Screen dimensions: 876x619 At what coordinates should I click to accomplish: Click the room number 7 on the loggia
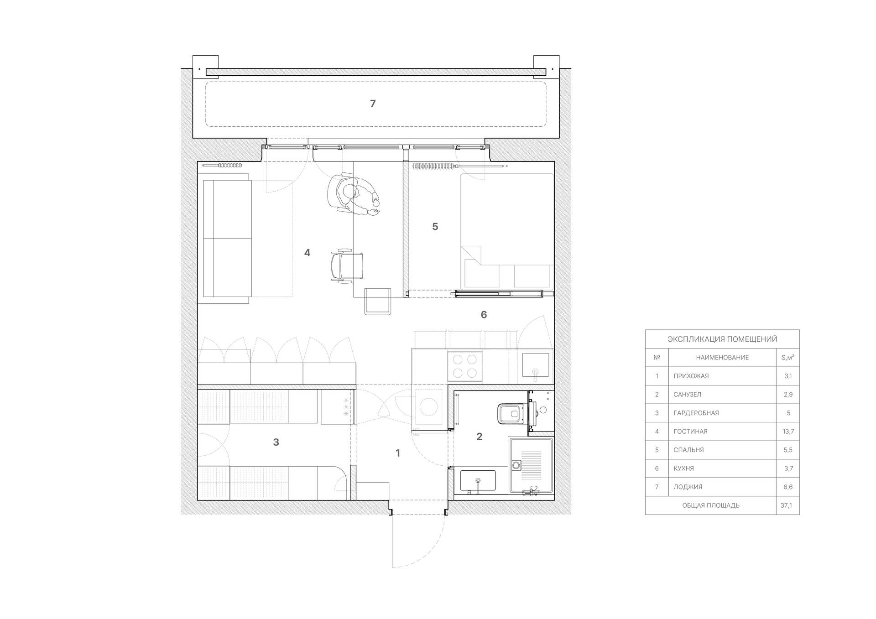pyautogui.click(x=373, y=104)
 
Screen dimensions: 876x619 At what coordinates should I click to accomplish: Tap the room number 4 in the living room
pyautogui.click(x=307, y=252)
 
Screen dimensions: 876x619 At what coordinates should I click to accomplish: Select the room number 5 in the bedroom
pyautogui.click(x=435, y=226)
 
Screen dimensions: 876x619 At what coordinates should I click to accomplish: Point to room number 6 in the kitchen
pyautogui.click(x=484, y=314)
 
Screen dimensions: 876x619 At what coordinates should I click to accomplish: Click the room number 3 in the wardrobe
pyautogui.click(x=276, y=442)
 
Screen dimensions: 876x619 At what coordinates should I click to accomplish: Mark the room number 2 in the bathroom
pyautogui.click(x=479, y=437)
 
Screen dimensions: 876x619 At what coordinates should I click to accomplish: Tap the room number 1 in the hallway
pyautogui.click(x=398, y=453)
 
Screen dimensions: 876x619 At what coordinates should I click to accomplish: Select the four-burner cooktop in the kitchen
pyautogui.click(x=465, y=366)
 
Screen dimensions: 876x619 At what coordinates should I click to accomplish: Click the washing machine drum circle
pyautogui.click(x=428, y=407)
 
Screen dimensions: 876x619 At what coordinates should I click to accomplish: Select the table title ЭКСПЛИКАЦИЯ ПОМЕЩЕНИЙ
pyautogui.click(x=722, y=339)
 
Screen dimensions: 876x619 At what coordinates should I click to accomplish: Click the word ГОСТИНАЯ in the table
pyautogui.click(x=690, y=432)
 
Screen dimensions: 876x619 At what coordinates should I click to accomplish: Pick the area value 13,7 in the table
pyautogui.click(x=788, y=432)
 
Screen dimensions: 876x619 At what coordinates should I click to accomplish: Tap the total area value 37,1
pyautogui.click(x=786, y=505)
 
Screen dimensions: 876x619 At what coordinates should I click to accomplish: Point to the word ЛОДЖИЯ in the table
pyautogui.click(x=688, y=487)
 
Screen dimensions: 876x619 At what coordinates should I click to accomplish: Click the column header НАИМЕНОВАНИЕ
pyautogui.click(x=722, y=358)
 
